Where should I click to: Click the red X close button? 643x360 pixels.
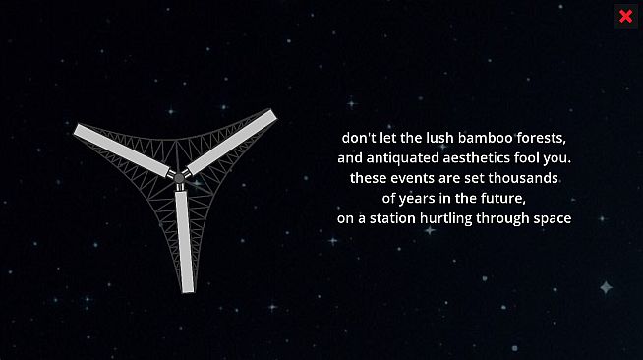625,16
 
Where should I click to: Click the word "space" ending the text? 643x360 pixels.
552,218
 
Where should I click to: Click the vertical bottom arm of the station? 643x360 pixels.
184,235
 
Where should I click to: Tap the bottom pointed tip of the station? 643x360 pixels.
186,290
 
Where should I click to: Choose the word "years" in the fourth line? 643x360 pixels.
420,198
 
